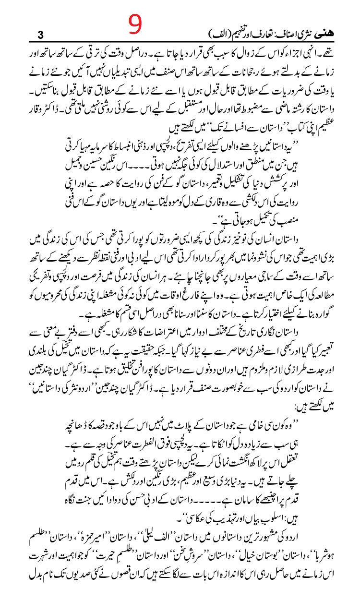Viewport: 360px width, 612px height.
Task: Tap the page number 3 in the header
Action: coord(40,35)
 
